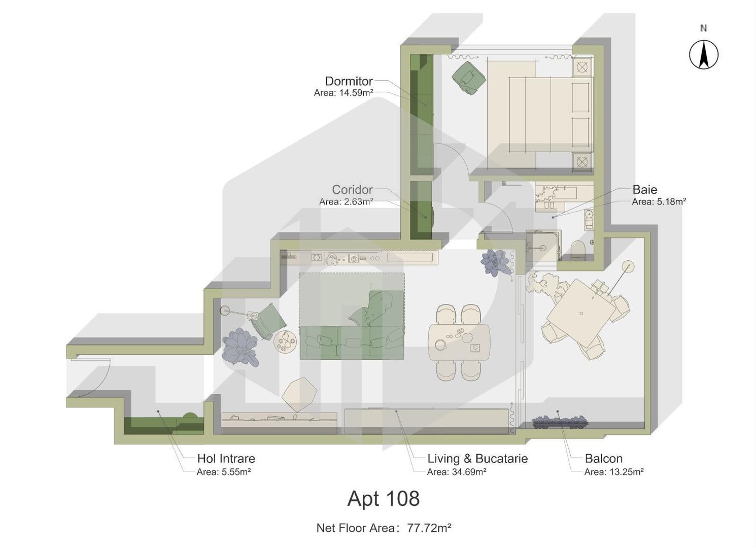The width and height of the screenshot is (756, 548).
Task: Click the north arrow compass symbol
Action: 703,54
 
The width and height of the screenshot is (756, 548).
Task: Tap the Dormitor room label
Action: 349,81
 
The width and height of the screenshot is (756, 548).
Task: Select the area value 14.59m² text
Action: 356,93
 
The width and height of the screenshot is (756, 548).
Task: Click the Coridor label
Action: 352,190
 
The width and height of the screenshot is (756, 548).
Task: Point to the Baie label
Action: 644,190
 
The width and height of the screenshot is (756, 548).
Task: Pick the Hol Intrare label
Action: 226,459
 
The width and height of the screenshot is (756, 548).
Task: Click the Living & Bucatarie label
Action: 477,459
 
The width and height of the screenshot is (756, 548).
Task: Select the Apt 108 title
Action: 383,499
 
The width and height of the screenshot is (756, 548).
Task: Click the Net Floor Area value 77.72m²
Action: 429,528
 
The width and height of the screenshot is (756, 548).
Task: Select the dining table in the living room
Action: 459,342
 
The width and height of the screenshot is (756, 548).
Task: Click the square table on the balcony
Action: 581,313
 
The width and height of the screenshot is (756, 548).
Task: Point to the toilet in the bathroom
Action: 578,250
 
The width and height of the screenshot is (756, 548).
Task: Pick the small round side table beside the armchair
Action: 285,341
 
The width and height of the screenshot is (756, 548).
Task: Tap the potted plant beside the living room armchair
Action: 239,347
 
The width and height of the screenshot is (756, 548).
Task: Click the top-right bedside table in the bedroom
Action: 582,67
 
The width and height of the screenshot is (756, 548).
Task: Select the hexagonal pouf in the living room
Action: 299,394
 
